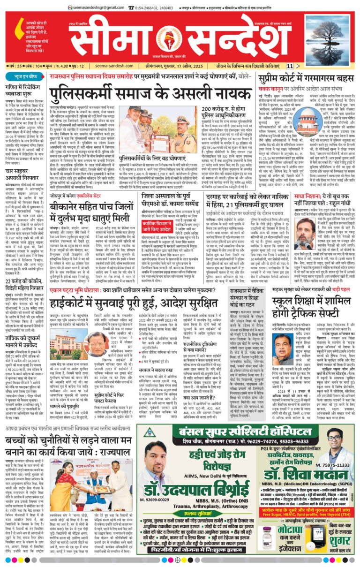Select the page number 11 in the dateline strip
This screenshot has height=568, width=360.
pos(290,66)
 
